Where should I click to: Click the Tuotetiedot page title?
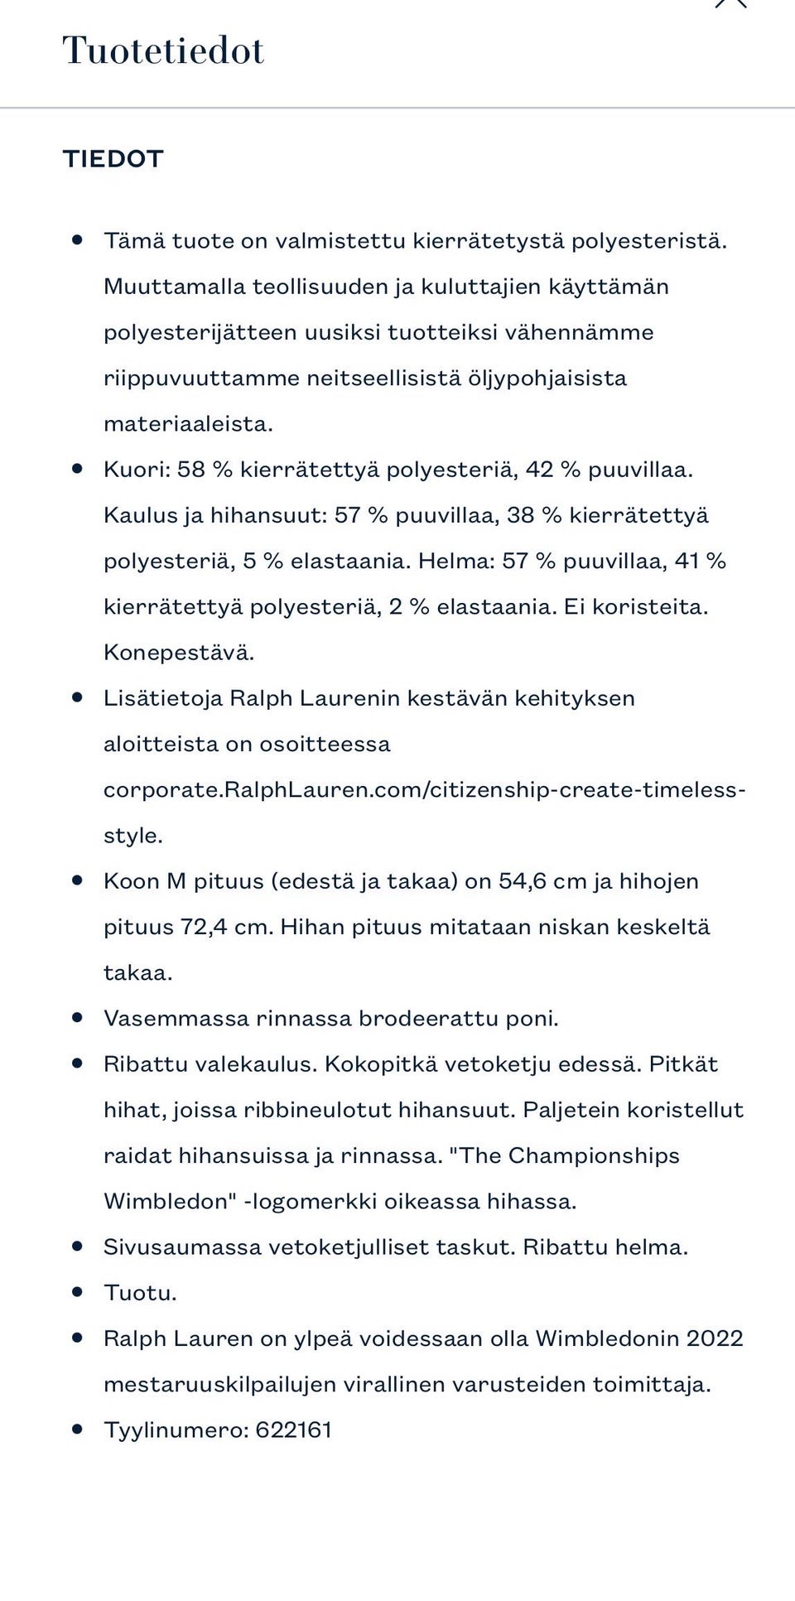[163, 51]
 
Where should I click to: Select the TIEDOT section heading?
[113, 159]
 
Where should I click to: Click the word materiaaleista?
[188, 424]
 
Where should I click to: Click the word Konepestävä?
[178, 653]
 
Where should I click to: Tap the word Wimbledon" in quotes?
[171, 1202]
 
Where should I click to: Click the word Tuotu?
[139, 1293]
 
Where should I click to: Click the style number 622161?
[293, 1430]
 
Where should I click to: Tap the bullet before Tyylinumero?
[78, 1429]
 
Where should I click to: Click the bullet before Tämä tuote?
[78, 239]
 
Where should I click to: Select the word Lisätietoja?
[162, 698]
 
